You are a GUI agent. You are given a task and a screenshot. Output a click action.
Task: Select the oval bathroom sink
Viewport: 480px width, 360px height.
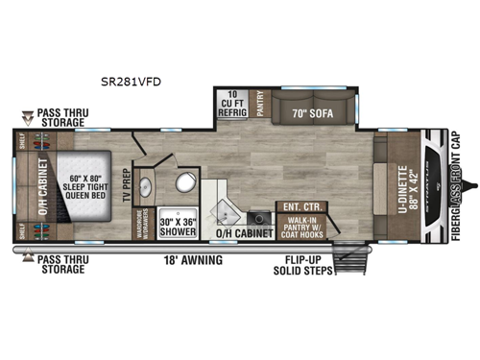[x=147, y=187]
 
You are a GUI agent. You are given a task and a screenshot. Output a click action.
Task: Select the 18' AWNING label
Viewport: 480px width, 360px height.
[x=194, y=259]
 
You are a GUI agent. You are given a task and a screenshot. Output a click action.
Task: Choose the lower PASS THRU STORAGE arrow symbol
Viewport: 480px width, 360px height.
[x=26, y=257]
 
